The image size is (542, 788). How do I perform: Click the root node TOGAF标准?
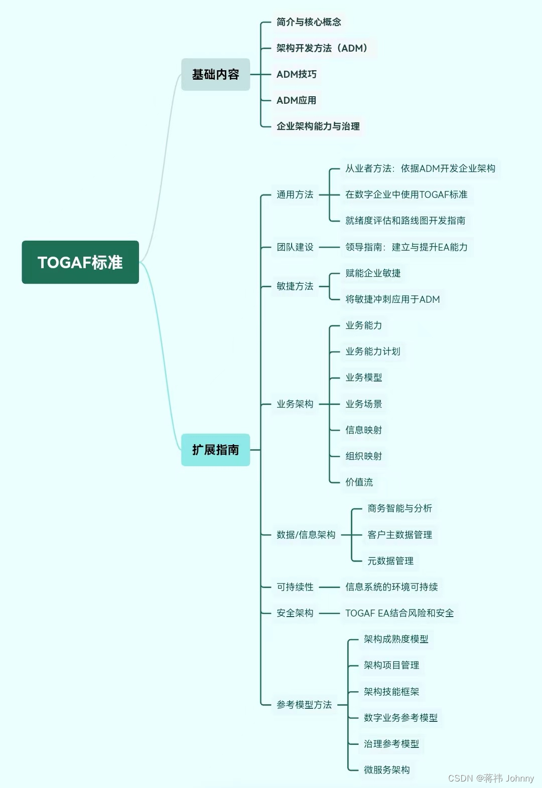80,262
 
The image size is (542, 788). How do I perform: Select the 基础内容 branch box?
215,74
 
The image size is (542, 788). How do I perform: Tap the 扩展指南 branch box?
215,450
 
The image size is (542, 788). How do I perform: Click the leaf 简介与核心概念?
309,22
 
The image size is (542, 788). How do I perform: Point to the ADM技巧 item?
297,74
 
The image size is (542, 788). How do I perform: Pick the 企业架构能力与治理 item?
318,126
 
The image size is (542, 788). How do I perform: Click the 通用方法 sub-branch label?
295,194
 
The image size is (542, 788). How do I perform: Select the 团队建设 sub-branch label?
295,247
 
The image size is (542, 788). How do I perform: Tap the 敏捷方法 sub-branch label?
295,286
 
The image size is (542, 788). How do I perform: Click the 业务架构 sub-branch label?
295,404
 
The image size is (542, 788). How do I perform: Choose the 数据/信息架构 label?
306,535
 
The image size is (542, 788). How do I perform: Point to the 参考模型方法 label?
304,705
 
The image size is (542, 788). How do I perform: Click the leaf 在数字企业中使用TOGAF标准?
406,194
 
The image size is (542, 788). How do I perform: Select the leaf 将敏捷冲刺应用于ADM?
392,299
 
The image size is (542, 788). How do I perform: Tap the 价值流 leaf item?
359,482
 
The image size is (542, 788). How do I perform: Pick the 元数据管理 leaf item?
390,561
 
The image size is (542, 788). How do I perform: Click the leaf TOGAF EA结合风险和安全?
399,613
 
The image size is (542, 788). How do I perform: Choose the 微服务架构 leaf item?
386,770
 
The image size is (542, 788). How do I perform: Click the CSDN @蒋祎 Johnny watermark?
491,778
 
